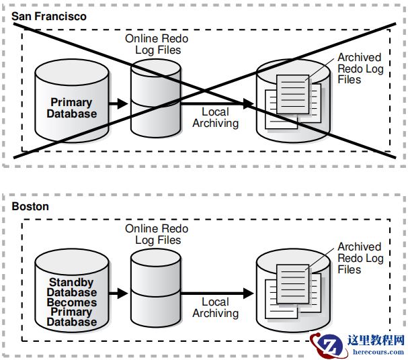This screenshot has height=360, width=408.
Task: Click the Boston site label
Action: tap(30, 206)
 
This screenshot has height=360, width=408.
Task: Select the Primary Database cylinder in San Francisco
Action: tap(71, 101)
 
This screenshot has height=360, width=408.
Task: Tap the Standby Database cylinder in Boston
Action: tap(71, 290)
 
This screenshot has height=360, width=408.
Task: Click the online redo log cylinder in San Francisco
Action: tap(156, 101)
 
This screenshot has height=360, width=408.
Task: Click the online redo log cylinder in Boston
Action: tap(156, 290)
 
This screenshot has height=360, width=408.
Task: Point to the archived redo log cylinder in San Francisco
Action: tap(293, 101)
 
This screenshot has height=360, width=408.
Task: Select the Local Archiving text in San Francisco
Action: tap(215, 118)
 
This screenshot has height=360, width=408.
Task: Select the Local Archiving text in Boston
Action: tap(215, 308)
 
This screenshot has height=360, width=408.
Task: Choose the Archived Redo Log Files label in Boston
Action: tap(360, 259)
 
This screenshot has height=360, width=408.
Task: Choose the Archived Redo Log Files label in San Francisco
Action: tap(360, 69)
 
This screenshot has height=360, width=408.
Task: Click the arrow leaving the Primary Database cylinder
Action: tap(118, 103)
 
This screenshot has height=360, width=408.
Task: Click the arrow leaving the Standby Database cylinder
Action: tap(118, 294)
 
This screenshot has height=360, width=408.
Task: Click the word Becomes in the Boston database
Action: tap(71, 302)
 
